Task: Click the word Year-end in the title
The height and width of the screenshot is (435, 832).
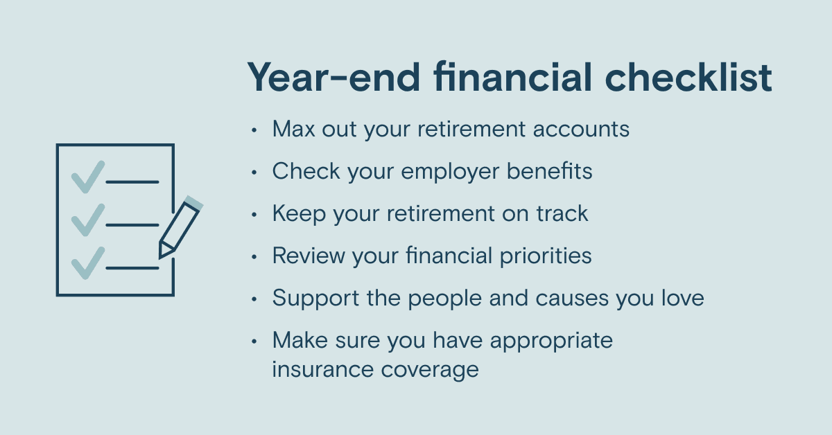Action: (x=334, y=77)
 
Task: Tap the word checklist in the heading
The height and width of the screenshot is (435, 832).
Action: (x=688, y=76)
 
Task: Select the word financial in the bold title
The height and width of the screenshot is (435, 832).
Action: (x=512, y=76)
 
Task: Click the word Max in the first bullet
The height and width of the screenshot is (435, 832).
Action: (x=294, y=129)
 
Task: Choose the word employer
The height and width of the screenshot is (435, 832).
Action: (x=450, y=172)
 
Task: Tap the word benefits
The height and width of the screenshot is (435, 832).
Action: (x=550, y=171)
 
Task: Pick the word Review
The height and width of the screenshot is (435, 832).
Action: (x=309, y=256)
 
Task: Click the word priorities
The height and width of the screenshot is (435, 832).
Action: (x=546, y=256)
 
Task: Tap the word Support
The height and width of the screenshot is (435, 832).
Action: (x=315, y=299)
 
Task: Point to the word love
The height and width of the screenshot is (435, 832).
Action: (x=683, y=298)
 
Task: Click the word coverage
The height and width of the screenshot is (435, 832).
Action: (x=430, y=371)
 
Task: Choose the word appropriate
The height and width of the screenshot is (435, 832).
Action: (x=552, y=341)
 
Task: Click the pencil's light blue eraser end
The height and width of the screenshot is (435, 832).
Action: (x=194, y=203)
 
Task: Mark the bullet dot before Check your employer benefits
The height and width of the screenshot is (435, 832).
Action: (x=254, y=172)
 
